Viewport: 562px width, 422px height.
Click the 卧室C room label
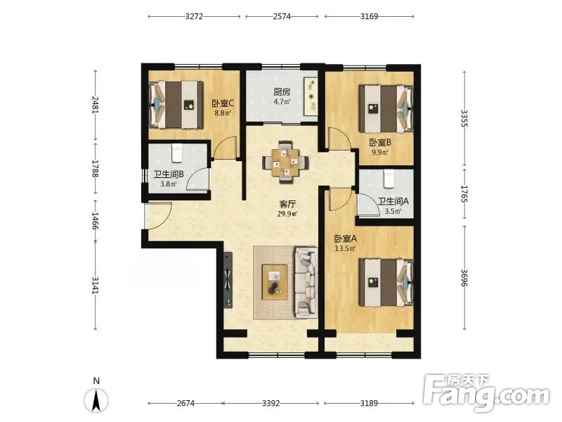(x=223, y=103)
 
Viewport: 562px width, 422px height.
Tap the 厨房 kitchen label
(x=282, y=92)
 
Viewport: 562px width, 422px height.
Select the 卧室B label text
(x=380, y=143)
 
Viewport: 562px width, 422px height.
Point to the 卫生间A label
(x=393, y=201)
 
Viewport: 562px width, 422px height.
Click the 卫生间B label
(x=169, y=174)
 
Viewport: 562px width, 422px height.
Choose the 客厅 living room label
(x=287, y=205)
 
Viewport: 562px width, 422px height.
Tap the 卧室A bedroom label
(x=345, y=238)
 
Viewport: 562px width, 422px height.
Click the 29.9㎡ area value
(x=287, y=215)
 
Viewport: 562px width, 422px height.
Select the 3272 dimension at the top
(x=195, y=16)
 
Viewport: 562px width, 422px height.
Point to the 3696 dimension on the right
(x=464, y=278)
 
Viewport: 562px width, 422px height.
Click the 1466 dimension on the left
(x=95, y=221)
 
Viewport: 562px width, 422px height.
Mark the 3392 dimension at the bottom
(x=270, y=403)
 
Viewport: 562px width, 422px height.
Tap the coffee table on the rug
(x=275, y=282)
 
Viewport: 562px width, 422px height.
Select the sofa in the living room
(x=306, y=283)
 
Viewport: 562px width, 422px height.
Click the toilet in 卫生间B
(x=178, y=153)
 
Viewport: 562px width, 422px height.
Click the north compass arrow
(x=96, y=400)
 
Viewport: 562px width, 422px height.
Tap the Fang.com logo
(x=486, y=393)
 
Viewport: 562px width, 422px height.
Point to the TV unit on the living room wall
(x=228, y=280)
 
